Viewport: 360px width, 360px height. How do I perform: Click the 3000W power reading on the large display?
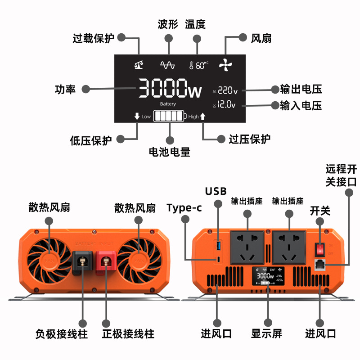click(x=169, y=88)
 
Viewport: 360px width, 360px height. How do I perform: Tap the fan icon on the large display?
click(x=225, y=65)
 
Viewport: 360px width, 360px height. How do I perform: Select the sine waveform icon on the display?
click(x=167, y=66)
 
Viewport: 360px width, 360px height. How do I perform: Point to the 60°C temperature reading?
click(x=199, y=66)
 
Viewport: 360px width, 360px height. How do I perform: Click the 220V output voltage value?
click(x=227, y=90)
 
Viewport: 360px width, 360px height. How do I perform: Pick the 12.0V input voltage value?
click(x=226, y=105)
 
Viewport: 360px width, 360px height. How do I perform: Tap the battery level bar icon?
click(x=169, y=117)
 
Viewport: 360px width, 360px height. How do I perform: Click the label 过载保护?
click(x=94, y=38)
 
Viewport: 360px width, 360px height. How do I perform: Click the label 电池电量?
click(x=169, y=152)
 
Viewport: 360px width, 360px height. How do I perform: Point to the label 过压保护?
click(x=250, y=139)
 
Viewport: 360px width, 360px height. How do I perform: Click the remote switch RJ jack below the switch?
click(x=320, y=265)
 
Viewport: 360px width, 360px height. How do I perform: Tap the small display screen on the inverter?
click(x=269, y=278)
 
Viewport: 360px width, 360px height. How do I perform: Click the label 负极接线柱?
click(x=61, y=334)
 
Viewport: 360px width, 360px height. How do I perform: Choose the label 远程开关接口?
click(x=342, y=175)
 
